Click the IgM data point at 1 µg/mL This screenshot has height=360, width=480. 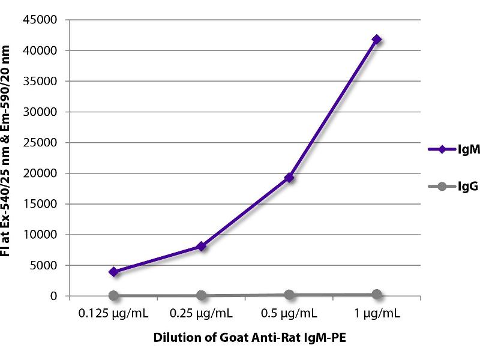[x=377, y=39]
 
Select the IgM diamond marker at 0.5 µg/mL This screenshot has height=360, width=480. [x=289, y=177]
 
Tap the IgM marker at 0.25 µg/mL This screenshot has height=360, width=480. [x=202, y=246]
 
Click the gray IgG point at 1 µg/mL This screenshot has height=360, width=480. [x=377, y=294]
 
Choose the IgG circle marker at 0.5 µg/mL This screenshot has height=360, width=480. [x=289, y=295]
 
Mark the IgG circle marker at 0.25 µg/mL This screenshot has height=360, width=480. [x=202, y=295]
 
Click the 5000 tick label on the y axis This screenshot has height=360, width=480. [x=45, y=265]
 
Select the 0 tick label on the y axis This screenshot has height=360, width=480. [x=53, y=296]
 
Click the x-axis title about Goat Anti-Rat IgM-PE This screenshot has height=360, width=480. [x=245, y=337]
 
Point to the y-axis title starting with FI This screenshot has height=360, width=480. [x=12, y=157]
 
